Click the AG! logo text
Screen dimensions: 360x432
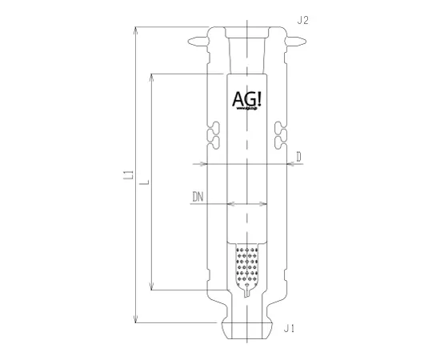[x=248, y=99]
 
